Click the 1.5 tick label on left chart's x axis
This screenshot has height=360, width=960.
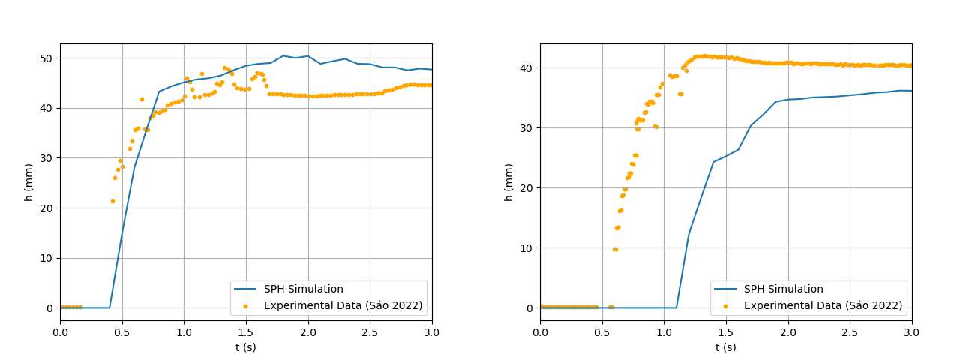(246, 332)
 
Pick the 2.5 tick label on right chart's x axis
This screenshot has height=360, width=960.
(850, 332)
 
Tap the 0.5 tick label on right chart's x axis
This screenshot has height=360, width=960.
(602, 332)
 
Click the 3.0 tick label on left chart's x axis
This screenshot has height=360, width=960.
(432, 332)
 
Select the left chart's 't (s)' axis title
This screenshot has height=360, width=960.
(246, 347)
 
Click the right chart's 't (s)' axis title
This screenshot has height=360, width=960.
(726, 347)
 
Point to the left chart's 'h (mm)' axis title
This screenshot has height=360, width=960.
(29, 182)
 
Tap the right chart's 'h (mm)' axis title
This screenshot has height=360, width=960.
(509, 182)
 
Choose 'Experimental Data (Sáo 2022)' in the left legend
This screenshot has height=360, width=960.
(343, 306)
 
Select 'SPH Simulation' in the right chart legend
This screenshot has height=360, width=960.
(783, 289)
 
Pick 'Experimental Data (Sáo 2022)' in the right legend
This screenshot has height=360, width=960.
(823, 306)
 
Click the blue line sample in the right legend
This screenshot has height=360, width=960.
(725, 289)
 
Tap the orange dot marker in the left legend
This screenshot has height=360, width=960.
(245, 306)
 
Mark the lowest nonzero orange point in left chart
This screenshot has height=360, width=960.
(112, 201)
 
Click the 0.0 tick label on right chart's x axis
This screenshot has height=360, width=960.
(540, 332)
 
